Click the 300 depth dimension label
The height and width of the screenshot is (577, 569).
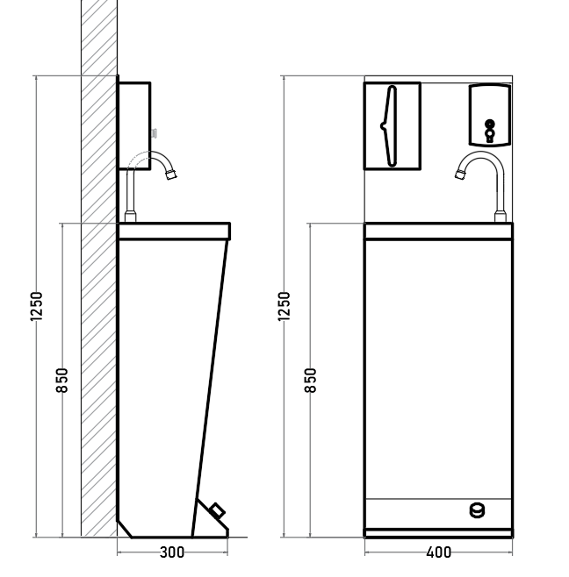click(x=172, y=552)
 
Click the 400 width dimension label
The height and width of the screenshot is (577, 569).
click(x=438, y=552)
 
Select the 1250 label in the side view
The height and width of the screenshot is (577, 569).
click(x=37, y=306)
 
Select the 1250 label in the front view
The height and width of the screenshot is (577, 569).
click(x=284, y=306)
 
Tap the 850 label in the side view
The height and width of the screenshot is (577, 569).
click(x=62, y=380)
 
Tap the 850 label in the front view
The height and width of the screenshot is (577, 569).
click(x=311, y=380)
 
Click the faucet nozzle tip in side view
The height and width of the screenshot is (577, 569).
click(x=171, y=175)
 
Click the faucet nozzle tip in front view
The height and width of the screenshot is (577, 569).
click(x=459, y=175)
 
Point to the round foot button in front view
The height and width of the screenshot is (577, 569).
click(x=477, y=510)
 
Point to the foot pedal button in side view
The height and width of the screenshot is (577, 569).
click(x=217, y=511)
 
